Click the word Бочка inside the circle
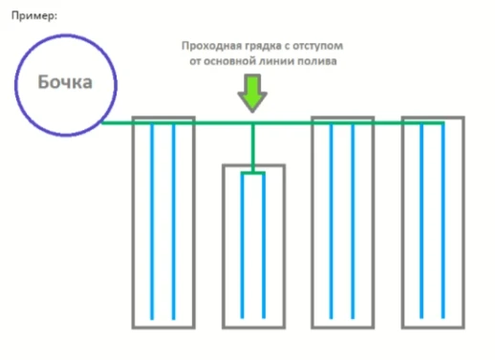coord(64,83)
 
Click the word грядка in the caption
coord(264,45)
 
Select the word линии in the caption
coord(279,60)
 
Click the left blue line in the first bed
coord(152,220)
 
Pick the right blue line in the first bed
coord(174,220)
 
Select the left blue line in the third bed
coord(332,220)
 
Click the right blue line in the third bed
coord(354,220)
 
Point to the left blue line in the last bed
coord(421,220)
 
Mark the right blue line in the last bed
coord(443,220)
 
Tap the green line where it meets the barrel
coord(104,122)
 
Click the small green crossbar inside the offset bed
coord(254,173)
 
